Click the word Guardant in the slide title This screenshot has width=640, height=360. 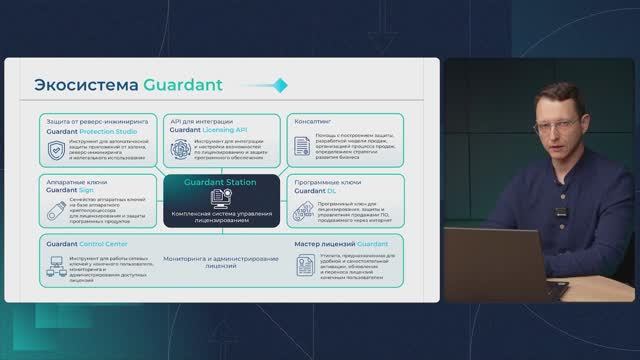182,84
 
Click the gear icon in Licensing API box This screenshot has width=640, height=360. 181,149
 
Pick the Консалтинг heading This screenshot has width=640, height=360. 314,119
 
